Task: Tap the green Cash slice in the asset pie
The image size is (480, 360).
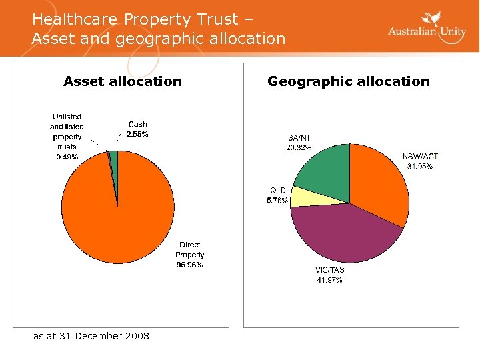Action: coord(114,160)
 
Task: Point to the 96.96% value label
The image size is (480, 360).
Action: coord(190,265)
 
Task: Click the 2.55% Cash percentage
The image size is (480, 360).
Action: coord(137,134)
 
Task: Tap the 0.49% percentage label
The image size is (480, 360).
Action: coord(67,157)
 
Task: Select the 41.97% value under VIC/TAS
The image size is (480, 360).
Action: coord(329,280)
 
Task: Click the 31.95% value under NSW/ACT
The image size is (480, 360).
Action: coord(420,167)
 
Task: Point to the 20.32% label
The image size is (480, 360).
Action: coord(299,147)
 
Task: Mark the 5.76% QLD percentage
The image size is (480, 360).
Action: coord(277,200)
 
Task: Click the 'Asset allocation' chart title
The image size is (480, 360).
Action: coord(123,81)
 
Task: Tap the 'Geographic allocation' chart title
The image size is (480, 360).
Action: coord(349,81)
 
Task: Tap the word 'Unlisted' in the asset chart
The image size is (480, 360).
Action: coord(67,117)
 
